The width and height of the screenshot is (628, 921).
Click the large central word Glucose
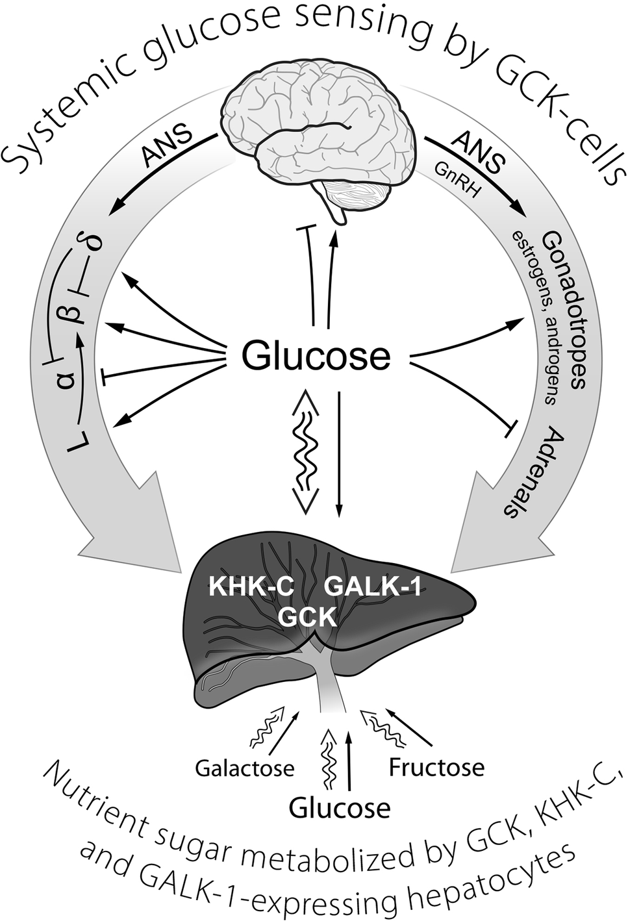(316, 356)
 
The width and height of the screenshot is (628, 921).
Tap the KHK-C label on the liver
(251, 588)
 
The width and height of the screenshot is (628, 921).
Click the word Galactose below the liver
(245, 769)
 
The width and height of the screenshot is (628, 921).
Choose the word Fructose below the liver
(436, 768)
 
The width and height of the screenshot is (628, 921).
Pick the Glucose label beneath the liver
(340, 809)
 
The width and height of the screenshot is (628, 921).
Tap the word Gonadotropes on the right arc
(564, 309)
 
